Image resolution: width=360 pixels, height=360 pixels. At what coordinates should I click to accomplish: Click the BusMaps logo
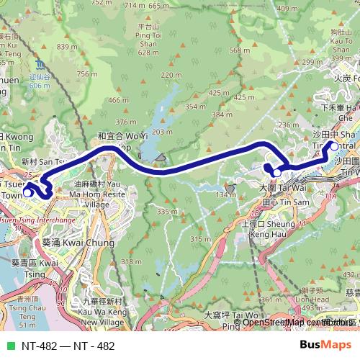point(326,346)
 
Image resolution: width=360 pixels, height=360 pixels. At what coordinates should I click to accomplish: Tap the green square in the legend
point(9,346)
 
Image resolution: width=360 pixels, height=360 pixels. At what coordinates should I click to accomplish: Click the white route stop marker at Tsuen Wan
point(27,192)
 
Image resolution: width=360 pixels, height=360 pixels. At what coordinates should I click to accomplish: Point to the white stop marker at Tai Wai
point(276,173)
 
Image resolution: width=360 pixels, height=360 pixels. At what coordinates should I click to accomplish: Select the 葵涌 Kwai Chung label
point(78,243)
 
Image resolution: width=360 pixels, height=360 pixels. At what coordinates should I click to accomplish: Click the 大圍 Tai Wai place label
point(277,187)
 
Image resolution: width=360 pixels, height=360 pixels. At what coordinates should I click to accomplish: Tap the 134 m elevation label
point(230,194)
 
